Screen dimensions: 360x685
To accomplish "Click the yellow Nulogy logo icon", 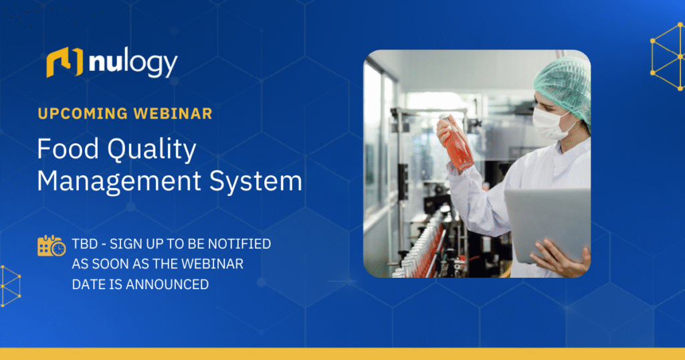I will tap(64, 63).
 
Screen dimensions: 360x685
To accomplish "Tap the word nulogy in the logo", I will tap(132, 64).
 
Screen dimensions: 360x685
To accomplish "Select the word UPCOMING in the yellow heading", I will tap(80, 113).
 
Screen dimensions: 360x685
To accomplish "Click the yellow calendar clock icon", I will tap(52, 246).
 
